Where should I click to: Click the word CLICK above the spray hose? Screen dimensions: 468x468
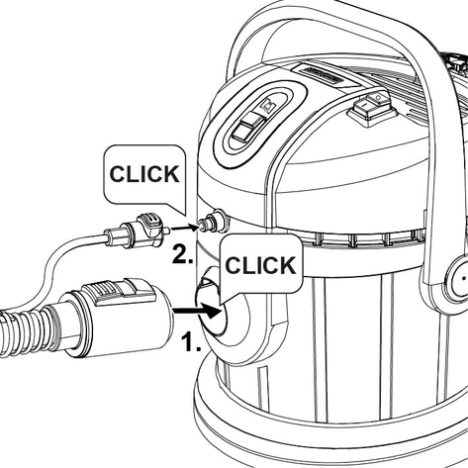[x=144, y=174]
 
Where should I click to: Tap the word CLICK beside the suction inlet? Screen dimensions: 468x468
[x=260, y=265]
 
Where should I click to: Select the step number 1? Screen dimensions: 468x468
[x=191, y=341]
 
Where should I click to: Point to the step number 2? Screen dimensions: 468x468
[x=182, y=254]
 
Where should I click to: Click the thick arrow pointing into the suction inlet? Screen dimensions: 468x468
[x=197, y=311]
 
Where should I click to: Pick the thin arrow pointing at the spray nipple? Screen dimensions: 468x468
[x=185, y=228]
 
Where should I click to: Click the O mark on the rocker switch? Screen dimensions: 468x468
[x=378, y=98]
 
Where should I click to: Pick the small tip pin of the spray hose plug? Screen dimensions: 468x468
[x=167, y=230]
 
